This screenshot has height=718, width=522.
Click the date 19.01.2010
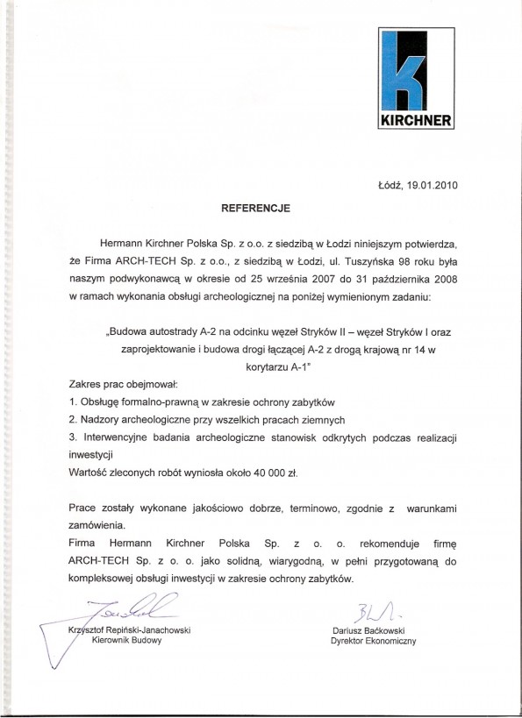click(429, 185)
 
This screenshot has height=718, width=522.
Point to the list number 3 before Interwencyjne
click(71, 436)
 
